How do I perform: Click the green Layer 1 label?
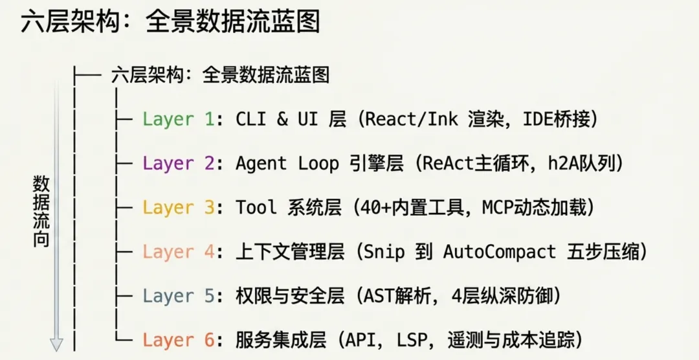(177, 119)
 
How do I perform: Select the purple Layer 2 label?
(177, 163)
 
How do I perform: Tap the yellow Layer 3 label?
(177, 208)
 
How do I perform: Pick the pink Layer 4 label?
(177, 252)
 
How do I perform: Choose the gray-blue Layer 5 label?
(177, 296)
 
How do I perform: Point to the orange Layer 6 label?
(177, 340)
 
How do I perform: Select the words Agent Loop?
(287, 163)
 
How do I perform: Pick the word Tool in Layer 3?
(256, 208)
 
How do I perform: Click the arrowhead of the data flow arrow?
(56, 344)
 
